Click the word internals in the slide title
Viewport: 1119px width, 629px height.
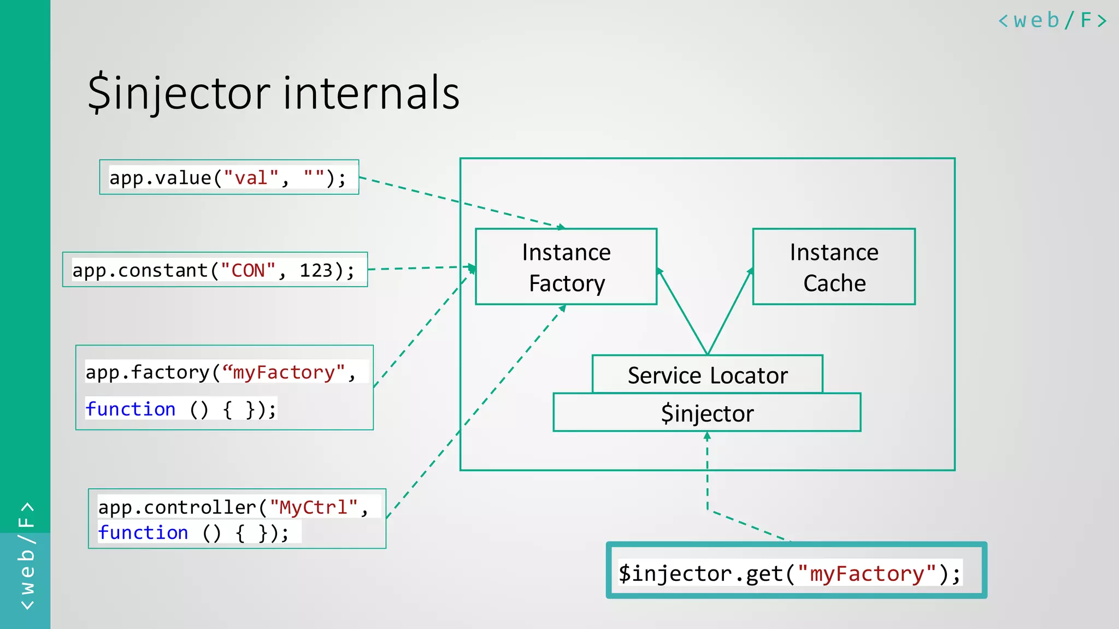(x=371, y=93)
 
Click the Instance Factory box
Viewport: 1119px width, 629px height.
(x=566, y=267)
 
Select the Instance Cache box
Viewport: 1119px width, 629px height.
(x=834, y=267)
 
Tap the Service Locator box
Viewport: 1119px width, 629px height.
(x=708, y=375)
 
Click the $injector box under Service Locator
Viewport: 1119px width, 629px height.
(x=708, y=413)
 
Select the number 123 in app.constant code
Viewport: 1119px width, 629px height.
(x=316, y=271)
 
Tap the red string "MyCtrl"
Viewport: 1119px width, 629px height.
(x=314, y=507)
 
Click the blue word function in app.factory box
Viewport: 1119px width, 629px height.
(x=131, y=409)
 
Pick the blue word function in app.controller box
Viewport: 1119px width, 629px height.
(x=143, y=532)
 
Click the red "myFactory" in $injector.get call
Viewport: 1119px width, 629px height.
(x=868, y=574)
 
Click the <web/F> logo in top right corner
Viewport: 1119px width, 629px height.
(x=1052, y=21)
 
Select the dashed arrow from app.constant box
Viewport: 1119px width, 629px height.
(x=421, y=268)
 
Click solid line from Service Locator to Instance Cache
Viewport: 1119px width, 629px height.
(x=730, y=312)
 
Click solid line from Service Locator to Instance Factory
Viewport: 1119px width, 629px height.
(x=683, y=312)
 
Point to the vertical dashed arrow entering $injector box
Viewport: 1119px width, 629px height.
(x=707, y=470)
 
